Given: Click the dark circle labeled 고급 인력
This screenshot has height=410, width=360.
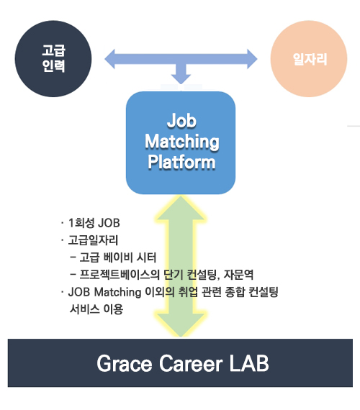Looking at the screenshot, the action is point(53,59).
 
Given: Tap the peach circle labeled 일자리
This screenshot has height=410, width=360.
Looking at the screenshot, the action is point(309,59).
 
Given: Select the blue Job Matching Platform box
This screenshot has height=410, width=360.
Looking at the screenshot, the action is point(181,142).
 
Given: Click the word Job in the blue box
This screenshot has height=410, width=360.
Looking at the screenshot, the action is point(181,121).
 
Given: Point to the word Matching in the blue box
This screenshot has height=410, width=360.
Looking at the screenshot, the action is point(182,142).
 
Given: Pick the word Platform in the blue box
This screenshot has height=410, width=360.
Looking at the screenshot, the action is point(181,162).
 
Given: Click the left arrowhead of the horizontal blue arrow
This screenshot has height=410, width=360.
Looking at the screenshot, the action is point(109,59).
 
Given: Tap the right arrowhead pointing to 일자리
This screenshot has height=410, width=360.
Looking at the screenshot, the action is point(252,59).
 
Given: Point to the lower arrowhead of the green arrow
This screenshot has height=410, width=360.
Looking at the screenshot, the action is point(181,324).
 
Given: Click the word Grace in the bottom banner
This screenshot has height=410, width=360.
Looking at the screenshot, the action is point(125,363).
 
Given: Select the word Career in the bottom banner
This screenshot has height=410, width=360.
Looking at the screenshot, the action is point(191,363).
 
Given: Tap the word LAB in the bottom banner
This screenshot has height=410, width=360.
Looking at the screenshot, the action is point(249,363).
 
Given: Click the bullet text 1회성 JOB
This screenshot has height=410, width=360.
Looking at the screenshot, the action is point(94,223).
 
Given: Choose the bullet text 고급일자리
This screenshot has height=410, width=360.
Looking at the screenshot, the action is point(93,240).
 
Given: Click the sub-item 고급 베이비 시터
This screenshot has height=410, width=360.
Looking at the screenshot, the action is point(118,258).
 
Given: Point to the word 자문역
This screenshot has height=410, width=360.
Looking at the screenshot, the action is point(238,275).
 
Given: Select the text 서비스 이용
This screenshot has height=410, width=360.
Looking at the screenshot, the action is point(96,309).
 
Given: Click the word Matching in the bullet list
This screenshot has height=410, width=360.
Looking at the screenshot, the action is point(117,292).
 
